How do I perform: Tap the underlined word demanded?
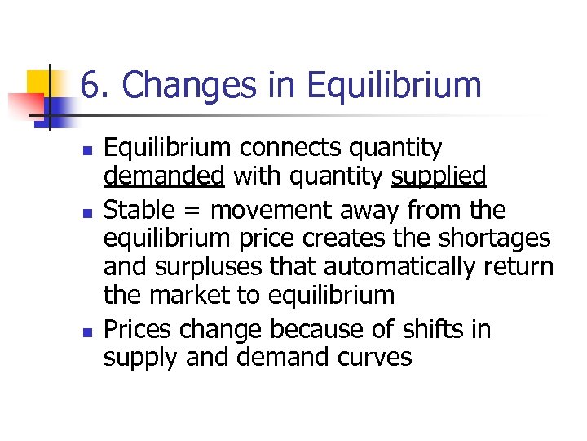(164, 176)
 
